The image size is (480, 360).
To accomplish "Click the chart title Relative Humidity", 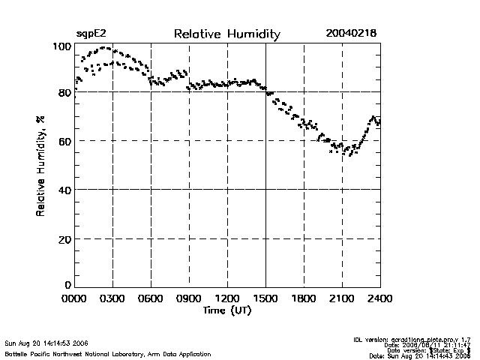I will [226, 34].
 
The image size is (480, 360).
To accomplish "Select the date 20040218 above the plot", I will [351, 34].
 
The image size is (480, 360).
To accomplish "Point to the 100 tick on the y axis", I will [61, 46].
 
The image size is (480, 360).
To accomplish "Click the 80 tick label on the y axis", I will [64, 92].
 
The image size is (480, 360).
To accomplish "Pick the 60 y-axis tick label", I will [64, 141].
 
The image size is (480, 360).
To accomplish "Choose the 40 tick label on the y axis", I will [64, 190].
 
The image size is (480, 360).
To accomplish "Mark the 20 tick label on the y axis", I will [64, 238].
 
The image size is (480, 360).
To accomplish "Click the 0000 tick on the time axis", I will [75, 299].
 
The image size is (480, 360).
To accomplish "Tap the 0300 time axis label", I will [112, 299].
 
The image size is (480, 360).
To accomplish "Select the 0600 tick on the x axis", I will [151, 299].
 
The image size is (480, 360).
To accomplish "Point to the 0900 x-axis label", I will [189, 299].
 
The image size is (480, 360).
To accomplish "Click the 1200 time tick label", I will [227, 299].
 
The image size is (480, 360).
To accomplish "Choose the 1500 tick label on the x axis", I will [265, 299].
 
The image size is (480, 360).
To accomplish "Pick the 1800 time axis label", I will [304, 299].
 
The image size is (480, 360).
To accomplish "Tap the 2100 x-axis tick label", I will [342, 299].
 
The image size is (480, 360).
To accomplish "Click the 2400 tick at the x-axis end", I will [379, 299].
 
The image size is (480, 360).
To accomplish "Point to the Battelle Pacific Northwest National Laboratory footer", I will [107, 354].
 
